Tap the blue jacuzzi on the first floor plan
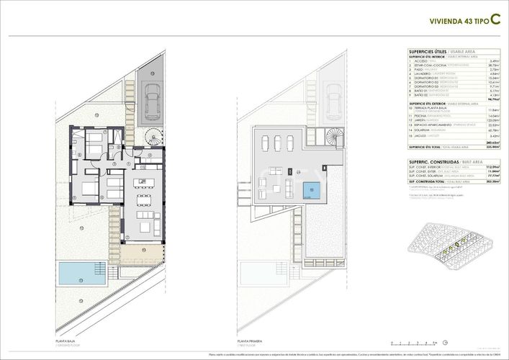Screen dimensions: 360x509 click(312, 192)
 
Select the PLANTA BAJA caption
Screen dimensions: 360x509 click(66, 341)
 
